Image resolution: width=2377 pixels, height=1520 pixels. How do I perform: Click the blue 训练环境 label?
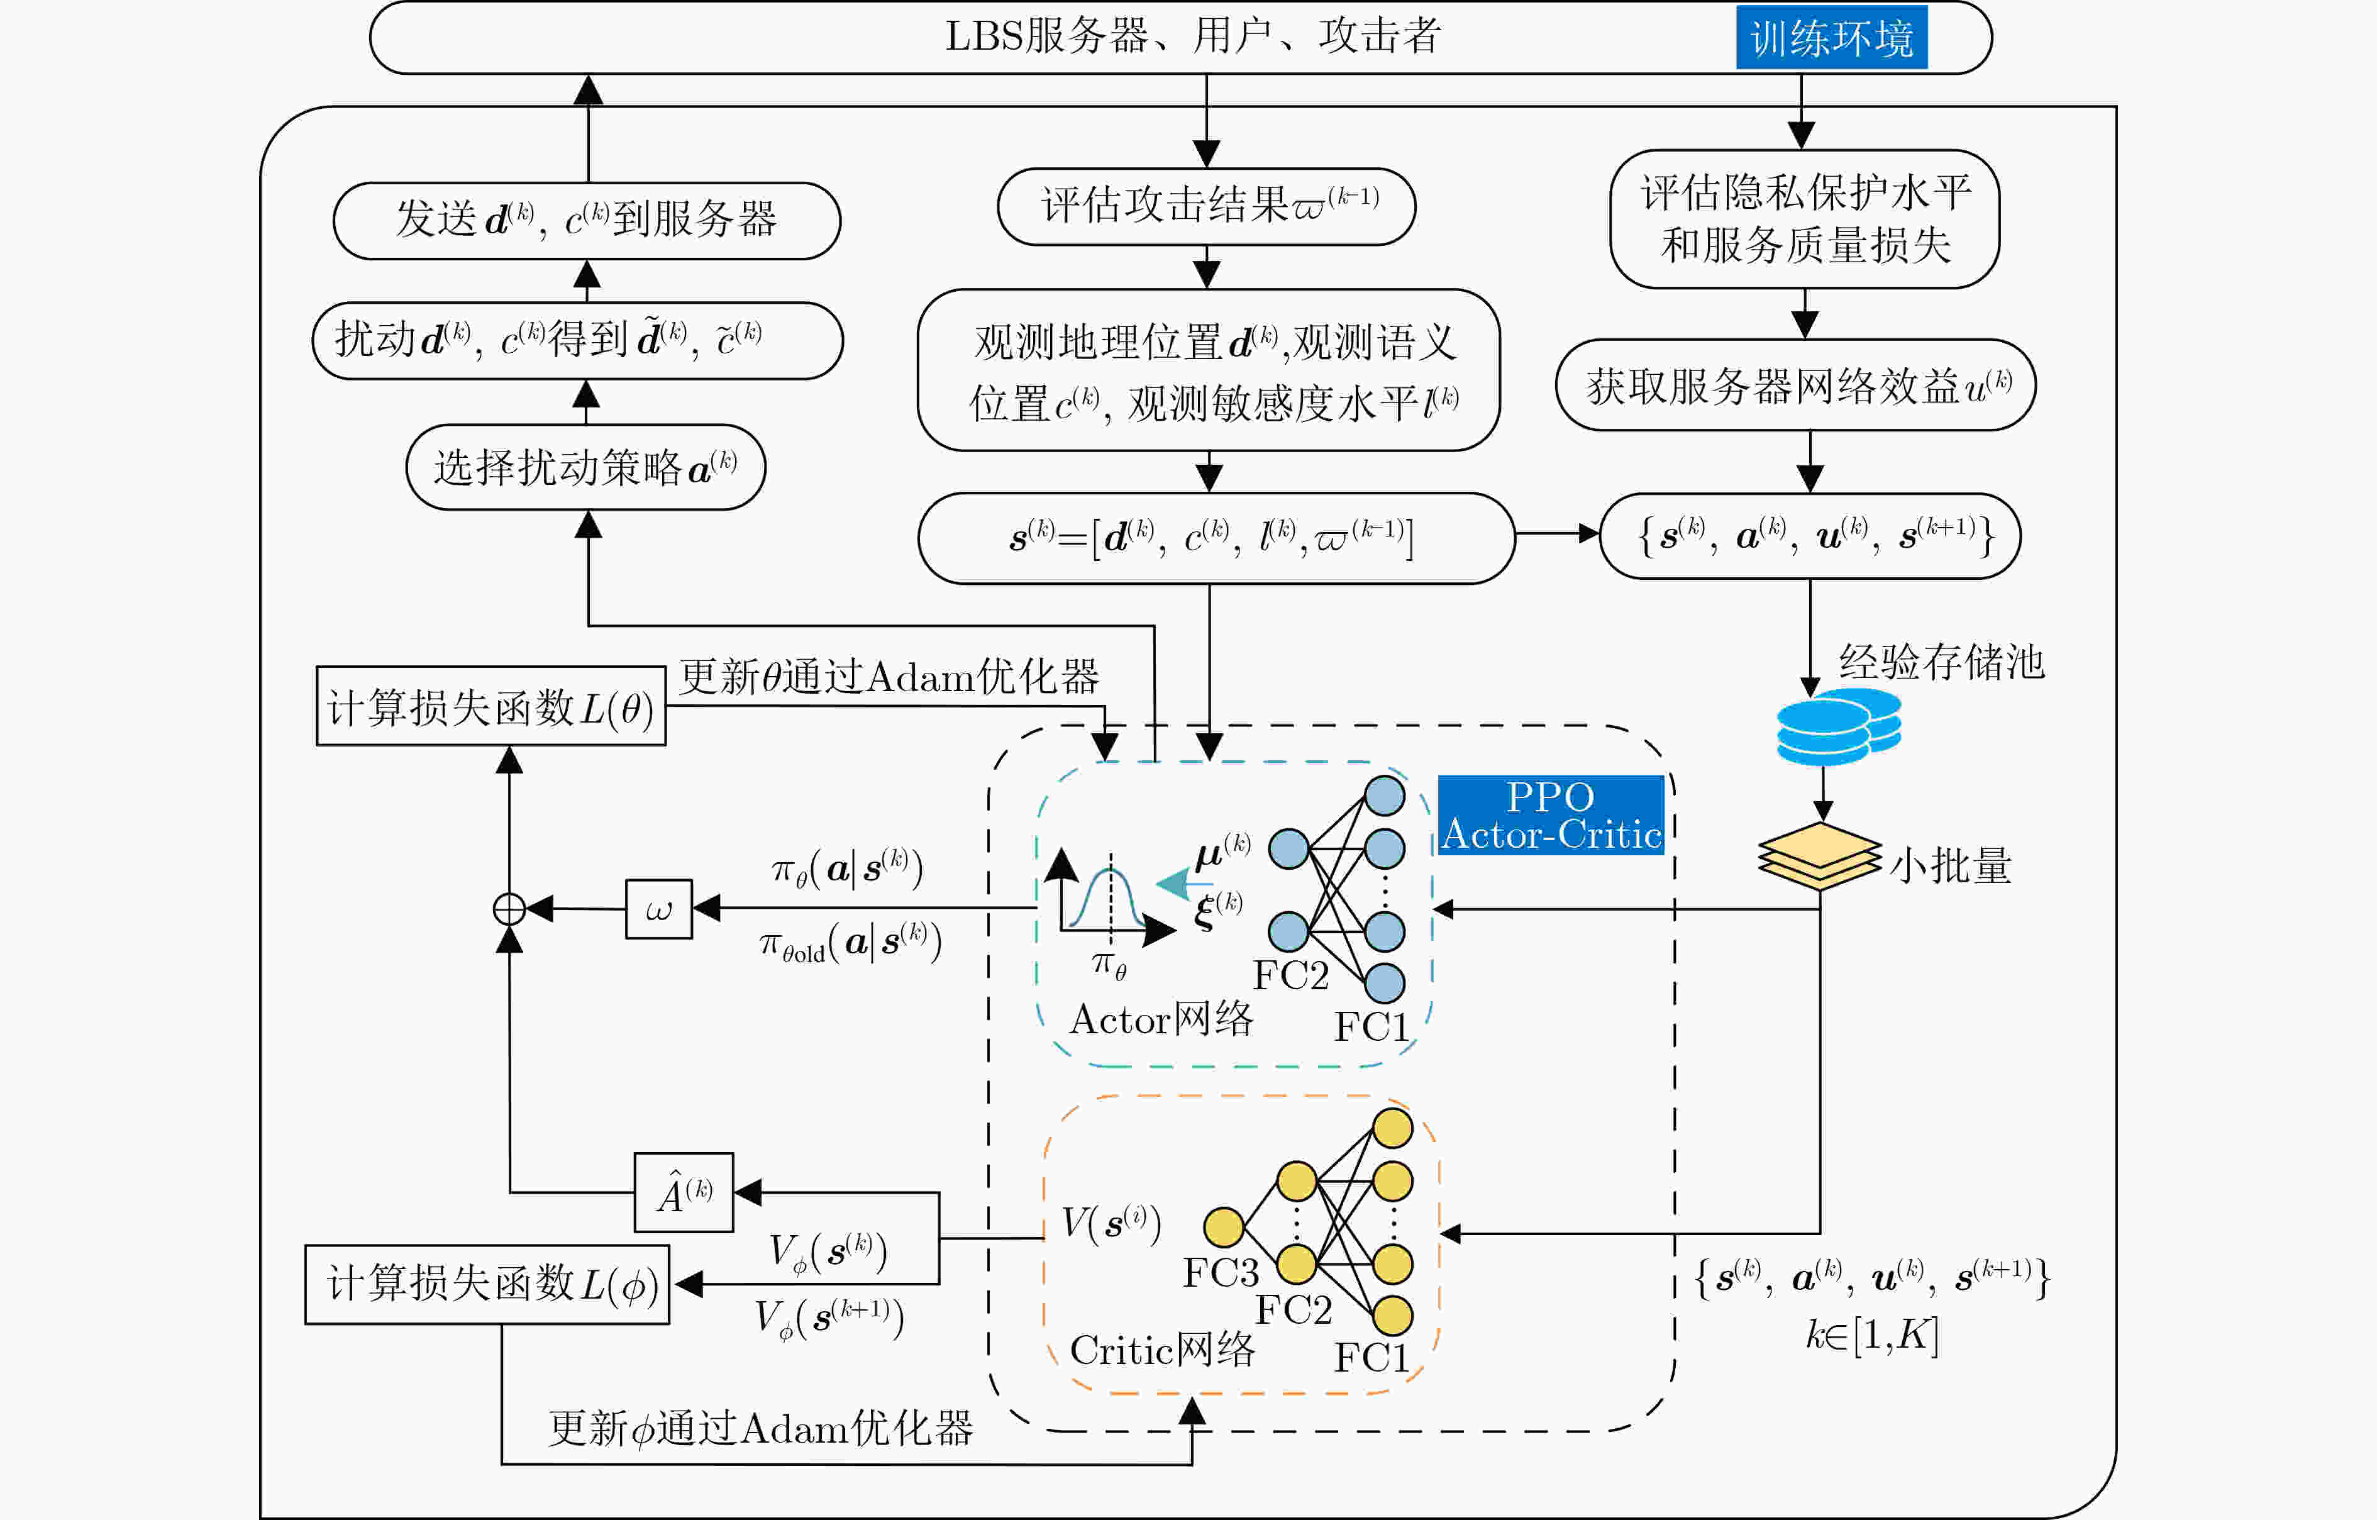1831,38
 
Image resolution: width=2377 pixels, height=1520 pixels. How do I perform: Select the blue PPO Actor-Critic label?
1551,815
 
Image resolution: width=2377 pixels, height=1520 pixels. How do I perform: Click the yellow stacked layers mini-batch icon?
1819,856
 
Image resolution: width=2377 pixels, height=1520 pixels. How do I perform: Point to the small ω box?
658,909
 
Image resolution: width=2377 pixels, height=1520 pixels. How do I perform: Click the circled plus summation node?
509,909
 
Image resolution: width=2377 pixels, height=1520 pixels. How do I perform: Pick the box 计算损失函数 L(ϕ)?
487,1284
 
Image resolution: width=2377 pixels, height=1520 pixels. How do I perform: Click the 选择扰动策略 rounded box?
586,467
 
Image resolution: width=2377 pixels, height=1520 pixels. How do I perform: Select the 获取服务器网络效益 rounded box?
1795,385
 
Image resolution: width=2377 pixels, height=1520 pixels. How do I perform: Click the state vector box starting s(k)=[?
1216,538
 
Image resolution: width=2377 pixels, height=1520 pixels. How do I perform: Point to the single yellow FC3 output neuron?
1224,1228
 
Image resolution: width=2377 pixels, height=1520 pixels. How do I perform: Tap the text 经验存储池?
1942,662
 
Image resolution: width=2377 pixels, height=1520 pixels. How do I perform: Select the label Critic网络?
1162,1349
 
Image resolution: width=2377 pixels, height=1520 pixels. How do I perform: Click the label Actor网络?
1161,1019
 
